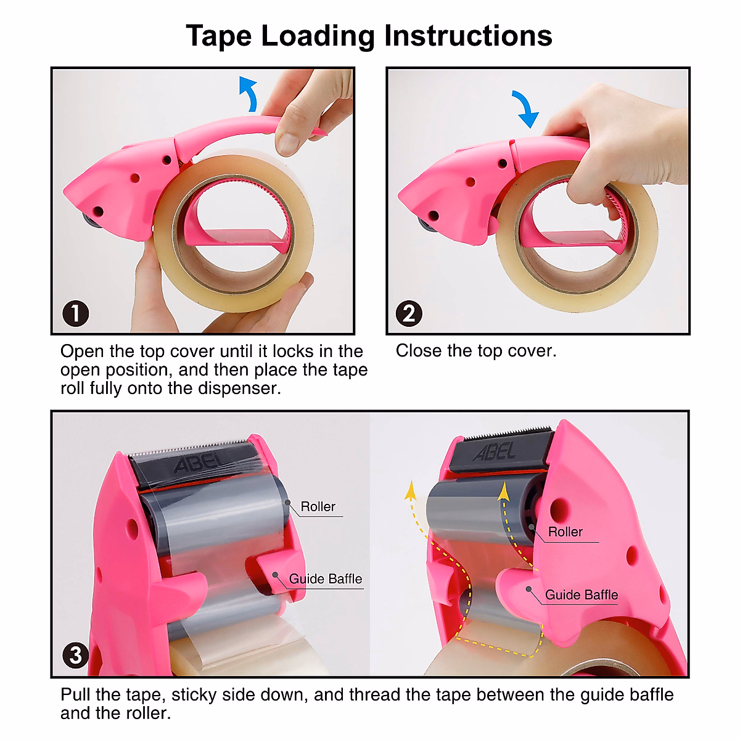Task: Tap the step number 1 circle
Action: (x=75, y=313)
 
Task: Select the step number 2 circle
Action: (x=409, y=313)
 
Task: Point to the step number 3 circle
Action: (x=75, y=654)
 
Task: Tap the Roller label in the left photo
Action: (x=318, y=507)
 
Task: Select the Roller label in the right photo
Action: (x=565, y=532)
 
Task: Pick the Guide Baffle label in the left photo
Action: (x=326, y=579)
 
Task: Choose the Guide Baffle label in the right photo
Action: (x=581, y=595)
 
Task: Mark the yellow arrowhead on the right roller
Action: (x=504, y=491)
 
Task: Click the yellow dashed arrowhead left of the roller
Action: (x=409, y=491)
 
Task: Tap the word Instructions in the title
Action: (x=468, y=36)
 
